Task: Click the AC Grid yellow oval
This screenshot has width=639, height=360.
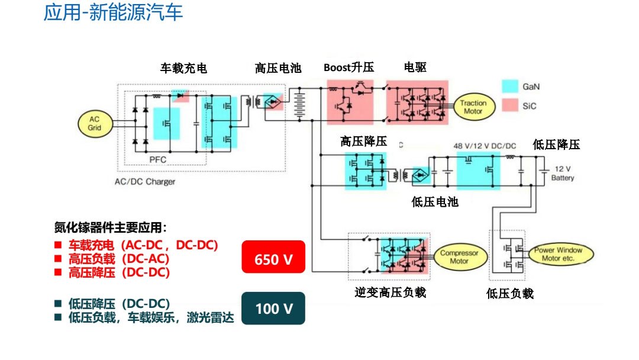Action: [95, 124]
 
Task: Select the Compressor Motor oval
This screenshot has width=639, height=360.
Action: [459, 257]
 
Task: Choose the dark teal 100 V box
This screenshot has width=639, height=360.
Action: [273, 308]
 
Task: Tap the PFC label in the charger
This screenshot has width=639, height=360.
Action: [158, 159]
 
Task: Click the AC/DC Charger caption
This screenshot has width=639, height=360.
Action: [145, 182]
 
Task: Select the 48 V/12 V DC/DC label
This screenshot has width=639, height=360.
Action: [485, 146]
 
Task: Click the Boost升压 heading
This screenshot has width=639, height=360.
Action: [349, 67]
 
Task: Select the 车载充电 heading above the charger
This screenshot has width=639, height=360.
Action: [183, 69]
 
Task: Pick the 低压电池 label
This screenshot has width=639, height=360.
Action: [435, 202]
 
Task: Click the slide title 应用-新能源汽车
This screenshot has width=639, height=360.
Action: [113, 12]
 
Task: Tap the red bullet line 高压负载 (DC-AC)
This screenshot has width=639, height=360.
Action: [118, 259]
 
